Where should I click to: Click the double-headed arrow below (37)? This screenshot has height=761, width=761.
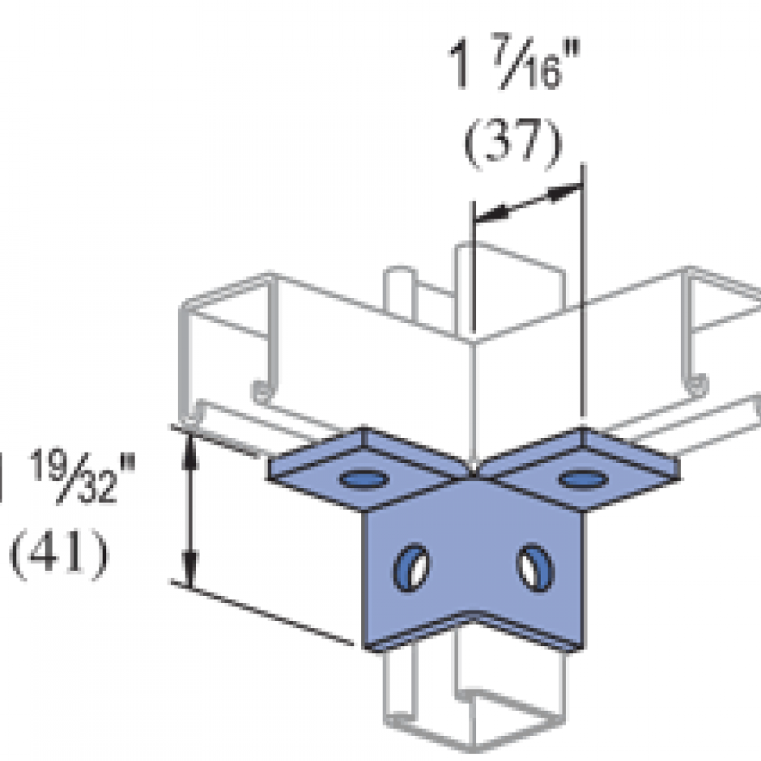click(x=527, y=202)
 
